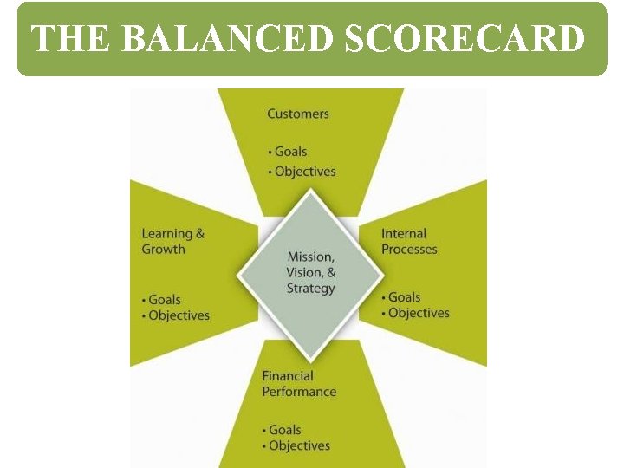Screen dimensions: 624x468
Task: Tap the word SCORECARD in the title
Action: click(465, 39)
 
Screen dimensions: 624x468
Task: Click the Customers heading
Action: click(298, 114)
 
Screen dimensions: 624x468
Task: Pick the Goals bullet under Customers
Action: click(289, 152)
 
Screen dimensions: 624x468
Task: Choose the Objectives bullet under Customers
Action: click(303, 172)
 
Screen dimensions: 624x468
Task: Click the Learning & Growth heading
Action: click(172, 241)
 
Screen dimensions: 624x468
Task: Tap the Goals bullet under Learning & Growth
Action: click(163, 300)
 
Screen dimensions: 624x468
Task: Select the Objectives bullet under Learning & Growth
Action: click(177, 315)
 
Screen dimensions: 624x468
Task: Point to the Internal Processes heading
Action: click(409, 241)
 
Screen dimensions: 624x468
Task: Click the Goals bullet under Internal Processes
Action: click(402, 297)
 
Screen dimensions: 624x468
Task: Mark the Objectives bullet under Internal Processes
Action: click(417, 313)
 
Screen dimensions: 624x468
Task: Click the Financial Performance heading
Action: click(299, 384)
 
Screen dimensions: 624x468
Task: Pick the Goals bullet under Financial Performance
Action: click(283, 430)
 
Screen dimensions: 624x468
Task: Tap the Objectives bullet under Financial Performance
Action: click(297, 445)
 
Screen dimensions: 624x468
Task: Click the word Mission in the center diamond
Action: click(309, 257)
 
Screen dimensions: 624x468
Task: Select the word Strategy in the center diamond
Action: click(310, 289)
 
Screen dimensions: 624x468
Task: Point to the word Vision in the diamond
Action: click(303, 272)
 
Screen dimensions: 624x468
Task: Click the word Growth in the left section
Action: click(164, 249)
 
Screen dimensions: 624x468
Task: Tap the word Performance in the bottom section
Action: click(299, 392)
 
